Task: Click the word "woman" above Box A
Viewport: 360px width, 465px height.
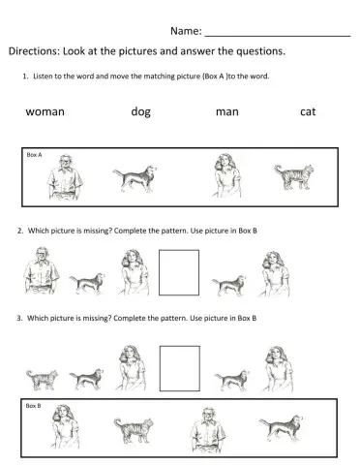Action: [45, 111]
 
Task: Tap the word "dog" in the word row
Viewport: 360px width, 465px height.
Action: [140, 111]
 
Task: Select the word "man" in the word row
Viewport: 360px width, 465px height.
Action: [226, 111]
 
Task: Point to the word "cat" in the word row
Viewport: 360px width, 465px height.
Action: [308, 111]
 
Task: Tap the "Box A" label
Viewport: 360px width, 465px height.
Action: [35, 155]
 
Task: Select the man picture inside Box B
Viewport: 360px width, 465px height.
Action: [208, 429]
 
